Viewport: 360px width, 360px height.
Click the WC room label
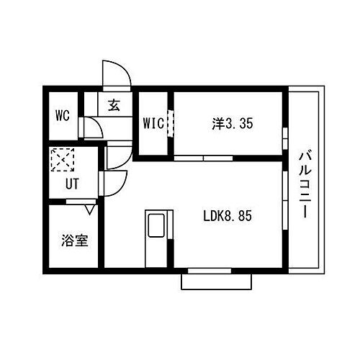61,115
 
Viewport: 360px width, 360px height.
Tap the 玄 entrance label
114,105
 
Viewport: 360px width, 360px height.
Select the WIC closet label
153,122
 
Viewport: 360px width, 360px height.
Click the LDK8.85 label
225,215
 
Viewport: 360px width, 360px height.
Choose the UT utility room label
72,183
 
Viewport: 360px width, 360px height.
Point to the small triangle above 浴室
89,210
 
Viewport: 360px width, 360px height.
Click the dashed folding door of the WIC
171,122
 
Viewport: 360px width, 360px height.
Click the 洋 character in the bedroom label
217,123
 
